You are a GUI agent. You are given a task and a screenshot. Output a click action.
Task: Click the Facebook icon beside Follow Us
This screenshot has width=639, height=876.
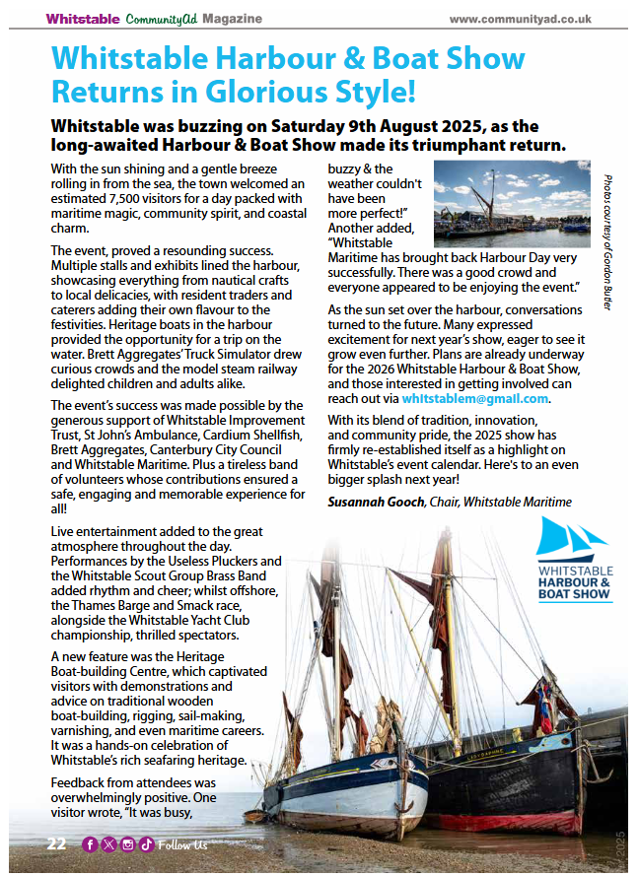click(x=90, y=844)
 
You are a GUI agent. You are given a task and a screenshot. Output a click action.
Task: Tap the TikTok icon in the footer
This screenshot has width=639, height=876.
click(x=145, y=844)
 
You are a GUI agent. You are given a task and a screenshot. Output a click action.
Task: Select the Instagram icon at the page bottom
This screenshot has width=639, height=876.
click(x=127, y=844)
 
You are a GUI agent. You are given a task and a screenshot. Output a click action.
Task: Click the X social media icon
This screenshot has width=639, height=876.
click(x=108, y=844)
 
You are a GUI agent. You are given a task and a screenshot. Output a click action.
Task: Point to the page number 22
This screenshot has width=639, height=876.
click(x=57, y=844)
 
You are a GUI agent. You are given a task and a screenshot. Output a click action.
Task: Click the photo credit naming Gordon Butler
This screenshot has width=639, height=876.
click(x=606, y=242)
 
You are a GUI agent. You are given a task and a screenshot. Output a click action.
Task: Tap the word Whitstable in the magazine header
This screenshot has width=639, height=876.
click(x=83, y=18)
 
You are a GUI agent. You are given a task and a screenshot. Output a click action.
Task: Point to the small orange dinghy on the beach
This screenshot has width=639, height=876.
click(x=254, y=816)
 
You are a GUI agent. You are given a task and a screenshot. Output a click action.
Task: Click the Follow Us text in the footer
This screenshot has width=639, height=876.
click(x=183, y=844)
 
